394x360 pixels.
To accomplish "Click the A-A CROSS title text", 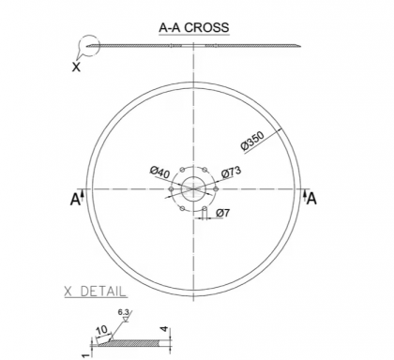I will tap(192, 27).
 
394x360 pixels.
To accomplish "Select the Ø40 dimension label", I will tap(159, 172).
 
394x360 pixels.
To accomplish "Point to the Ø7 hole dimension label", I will tap(223, 214).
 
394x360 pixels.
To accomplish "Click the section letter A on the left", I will tap(75, 199).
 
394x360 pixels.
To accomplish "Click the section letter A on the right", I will tap(311, 198).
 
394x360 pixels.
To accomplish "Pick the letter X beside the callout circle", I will tap(77, 67).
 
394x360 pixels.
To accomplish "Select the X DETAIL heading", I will tap(97, 292).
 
